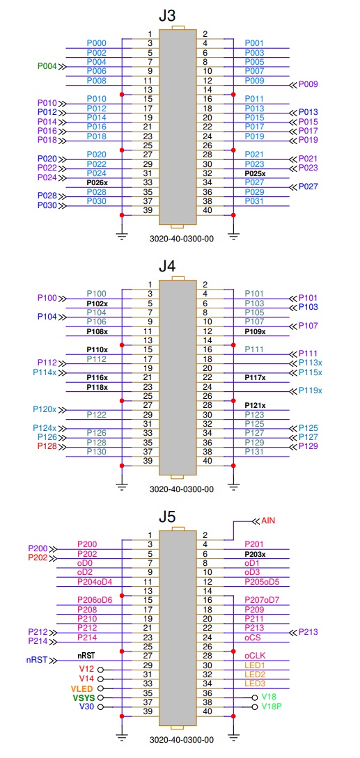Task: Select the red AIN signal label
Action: tap(269, 521)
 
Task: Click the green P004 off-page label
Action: tap(47, 66)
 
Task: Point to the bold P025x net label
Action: tap(255, 173)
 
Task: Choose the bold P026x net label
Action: tap(97, 183)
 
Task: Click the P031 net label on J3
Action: tap(255, 201)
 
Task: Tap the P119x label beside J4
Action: tap(310, 390)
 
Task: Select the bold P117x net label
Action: tap(255, 377)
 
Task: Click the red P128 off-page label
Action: tap(47, 446)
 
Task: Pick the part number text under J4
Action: tap(182, 489)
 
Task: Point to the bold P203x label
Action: tap(255, 554)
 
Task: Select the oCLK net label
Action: tap(255, 656)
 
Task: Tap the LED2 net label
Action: tap(255, 674)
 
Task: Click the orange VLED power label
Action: tap(80, 688)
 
